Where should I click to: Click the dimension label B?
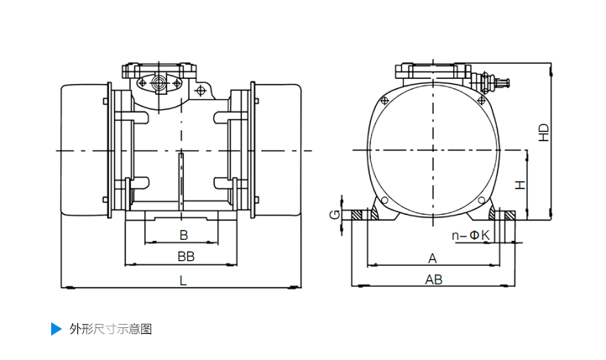pos(183,234)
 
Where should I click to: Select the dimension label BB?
pos(185,255)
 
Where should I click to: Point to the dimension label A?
pos(433,258)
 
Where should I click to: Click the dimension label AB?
pos(433,279)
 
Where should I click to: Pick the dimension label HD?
pos(544,132)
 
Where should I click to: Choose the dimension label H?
pos(521,184)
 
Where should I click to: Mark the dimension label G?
pos(335,216)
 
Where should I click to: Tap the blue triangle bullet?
pos(56,328)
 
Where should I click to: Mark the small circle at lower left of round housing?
pos(384,201)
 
